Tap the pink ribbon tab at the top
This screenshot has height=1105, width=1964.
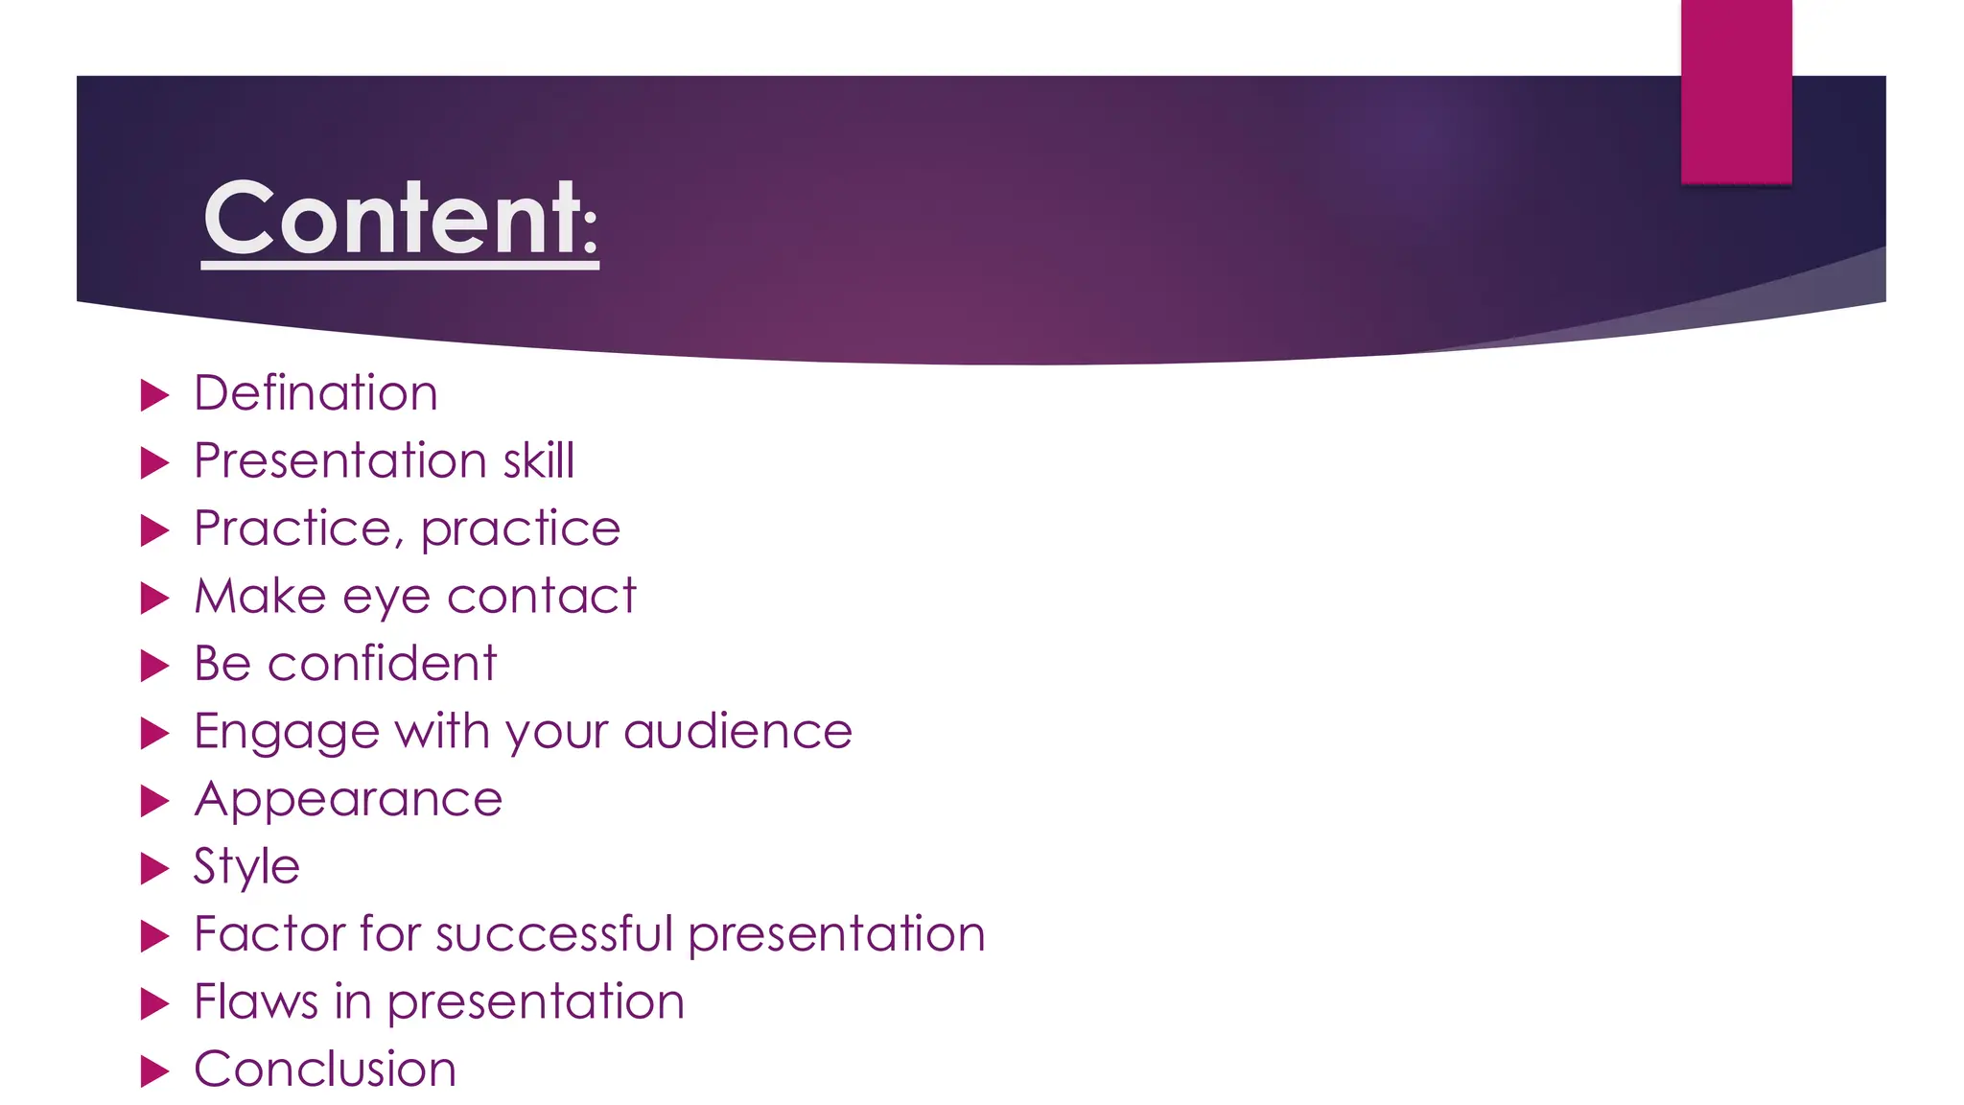coord(1736,91)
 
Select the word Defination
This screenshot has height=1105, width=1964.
coord(316,393)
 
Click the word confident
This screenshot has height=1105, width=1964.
coord(382,664)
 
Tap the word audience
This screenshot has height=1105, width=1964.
coord(737,732)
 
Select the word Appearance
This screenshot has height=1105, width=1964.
coord(348,799)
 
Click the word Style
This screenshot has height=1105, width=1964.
coord(246,867)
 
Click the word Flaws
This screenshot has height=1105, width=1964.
coord(255,1001)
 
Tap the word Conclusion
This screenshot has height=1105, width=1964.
coord(325,1070)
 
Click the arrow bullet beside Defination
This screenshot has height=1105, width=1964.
coord(154,395)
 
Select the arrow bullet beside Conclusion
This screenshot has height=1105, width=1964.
coord(154,1071)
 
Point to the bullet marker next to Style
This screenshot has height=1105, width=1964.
coord(154,869)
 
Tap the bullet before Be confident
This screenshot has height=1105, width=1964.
coord(154,666)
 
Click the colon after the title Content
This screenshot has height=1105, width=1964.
coord(590,235)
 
